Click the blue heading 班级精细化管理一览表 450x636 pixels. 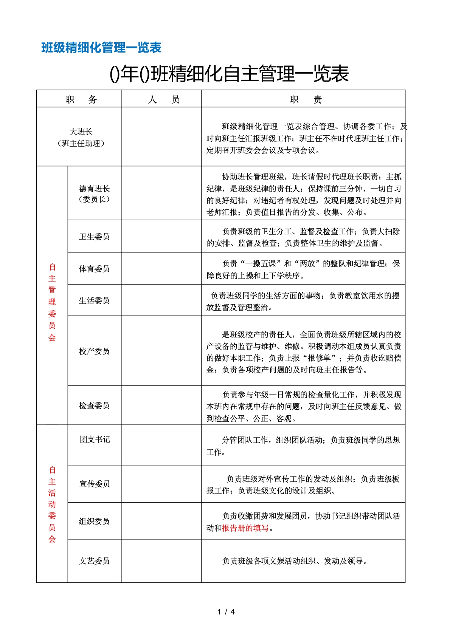(x=101, y=48)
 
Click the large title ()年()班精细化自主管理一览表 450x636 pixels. (x=229, y=74)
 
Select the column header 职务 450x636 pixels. (x=81, y=99)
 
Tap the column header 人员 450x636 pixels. (x=163, y=99)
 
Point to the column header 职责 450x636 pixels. (x=306, y=99)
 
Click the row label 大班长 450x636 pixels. (x=81, y=132)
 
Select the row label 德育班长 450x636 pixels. (x=94, y=189)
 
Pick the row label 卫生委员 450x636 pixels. (x=94, y=237)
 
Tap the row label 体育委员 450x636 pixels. (x=94, y=269)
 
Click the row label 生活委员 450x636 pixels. (x=94, y=300)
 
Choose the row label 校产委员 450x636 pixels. (x=94, y=351)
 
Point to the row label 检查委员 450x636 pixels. (x=94, y=405)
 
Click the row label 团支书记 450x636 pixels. (x=95, y=439)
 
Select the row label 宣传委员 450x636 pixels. (x=95, y=484)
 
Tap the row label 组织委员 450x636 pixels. (x=94, y=521)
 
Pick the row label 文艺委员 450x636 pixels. (x=94, y=561)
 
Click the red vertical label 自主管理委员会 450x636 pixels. (x=52, y=302)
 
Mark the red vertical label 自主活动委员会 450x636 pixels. (x=52, y=504)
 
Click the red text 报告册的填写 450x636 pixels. (x=245, y=528)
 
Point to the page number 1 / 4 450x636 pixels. (x=226, y=612)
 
